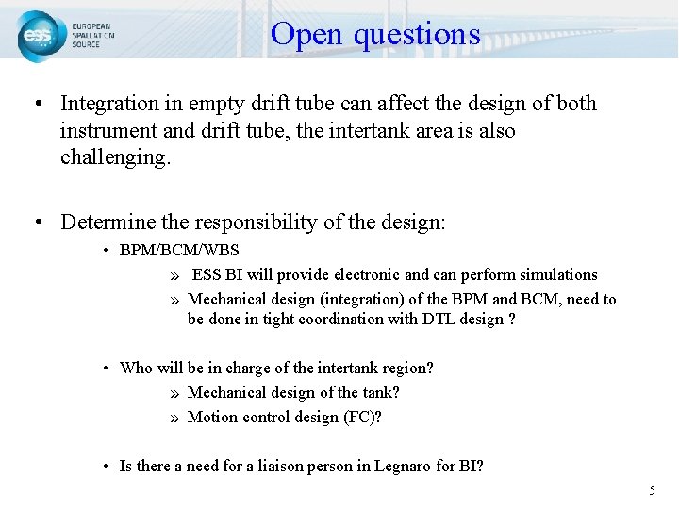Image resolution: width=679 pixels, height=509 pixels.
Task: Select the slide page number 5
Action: tap(651, 491)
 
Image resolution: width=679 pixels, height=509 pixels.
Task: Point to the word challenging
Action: tap(115, 157)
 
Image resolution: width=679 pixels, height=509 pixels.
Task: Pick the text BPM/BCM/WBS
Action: tap(179, 251)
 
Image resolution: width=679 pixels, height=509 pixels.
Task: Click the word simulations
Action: tap(553, 275)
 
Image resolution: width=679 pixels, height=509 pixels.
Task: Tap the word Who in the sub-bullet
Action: tap(135, 369)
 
